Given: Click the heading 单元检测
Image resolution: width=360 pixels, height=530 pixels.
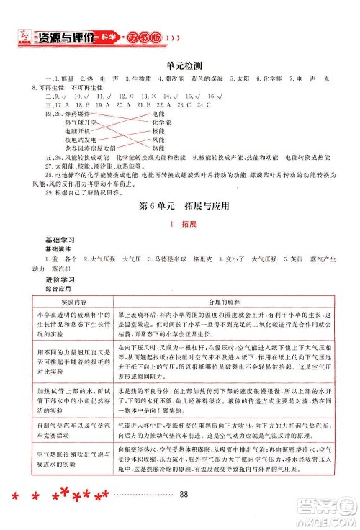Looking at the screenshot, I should [180, 63].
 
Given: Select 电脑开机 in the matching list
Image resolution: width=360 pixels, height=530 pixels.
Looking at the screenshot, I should [76, 131].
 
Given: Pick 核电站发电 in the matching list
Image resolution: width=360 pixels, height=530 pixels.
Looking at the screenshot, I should [78, 140].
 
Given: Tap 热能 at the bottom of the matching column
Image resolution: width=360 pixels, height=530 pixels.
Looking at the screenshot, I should [160, 148].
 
